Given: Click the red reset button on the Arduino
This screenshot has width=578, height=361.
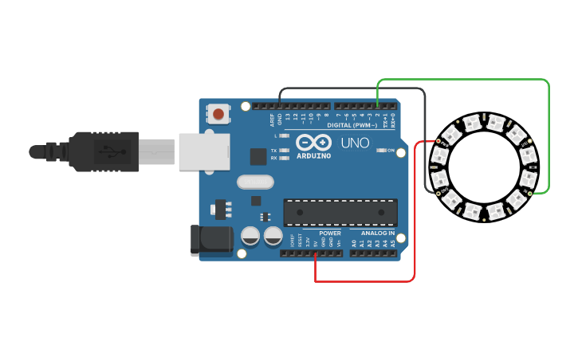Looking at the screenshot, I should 218,114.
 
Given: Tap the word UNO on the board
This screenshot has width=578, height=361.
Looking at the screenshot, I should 356,143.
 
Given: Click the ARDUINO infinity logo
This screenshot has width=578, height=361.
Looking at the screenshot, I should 313,143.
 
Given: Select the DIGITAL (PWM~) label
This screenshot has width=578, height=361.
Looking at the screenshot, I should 351,125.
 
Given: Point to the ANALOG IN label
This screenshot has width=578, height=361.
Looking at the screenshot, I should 377,233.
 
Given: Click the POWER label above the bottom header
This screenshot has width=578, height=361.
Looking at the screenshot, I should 330,233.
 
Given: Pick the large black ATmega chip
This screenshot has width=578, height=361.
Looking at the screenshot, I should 340,212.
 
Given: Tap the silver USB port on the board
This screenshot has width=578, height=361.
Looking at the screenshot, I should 203,151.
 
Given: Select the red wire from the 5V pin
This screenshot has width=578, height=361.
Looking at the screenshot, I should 367,281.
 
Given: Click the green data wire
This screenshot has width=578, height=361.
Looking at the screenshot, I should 462,80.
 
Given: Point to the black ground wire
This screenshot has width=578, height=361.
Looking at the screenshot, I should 351,88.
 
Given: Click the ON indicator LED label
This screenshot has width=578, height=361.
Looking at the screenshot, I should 391,150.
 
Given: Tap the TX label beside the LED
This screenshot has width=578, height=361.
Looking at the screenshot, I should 273,150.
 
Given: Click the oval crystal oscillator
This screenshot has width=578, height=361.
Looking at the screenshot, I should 255,182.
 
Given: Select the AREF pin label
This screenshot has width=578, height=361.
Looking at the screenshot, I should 272,120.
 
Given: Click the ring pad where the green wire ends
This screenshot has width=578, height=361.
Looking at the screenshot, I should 531,193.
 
